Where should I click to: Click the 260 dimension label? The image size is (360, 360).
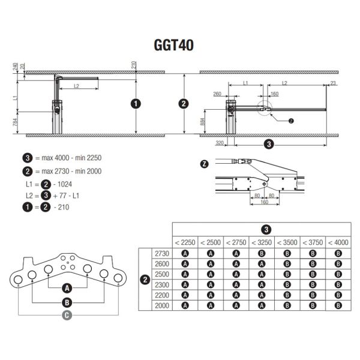coord(217,94)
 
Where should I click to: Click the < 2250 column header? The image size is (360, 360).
coord(185,242)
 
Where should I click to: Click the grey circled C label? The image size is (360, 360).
coord(67,314)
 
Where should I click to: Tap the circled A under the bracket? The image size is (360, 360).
coord(67,287)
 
